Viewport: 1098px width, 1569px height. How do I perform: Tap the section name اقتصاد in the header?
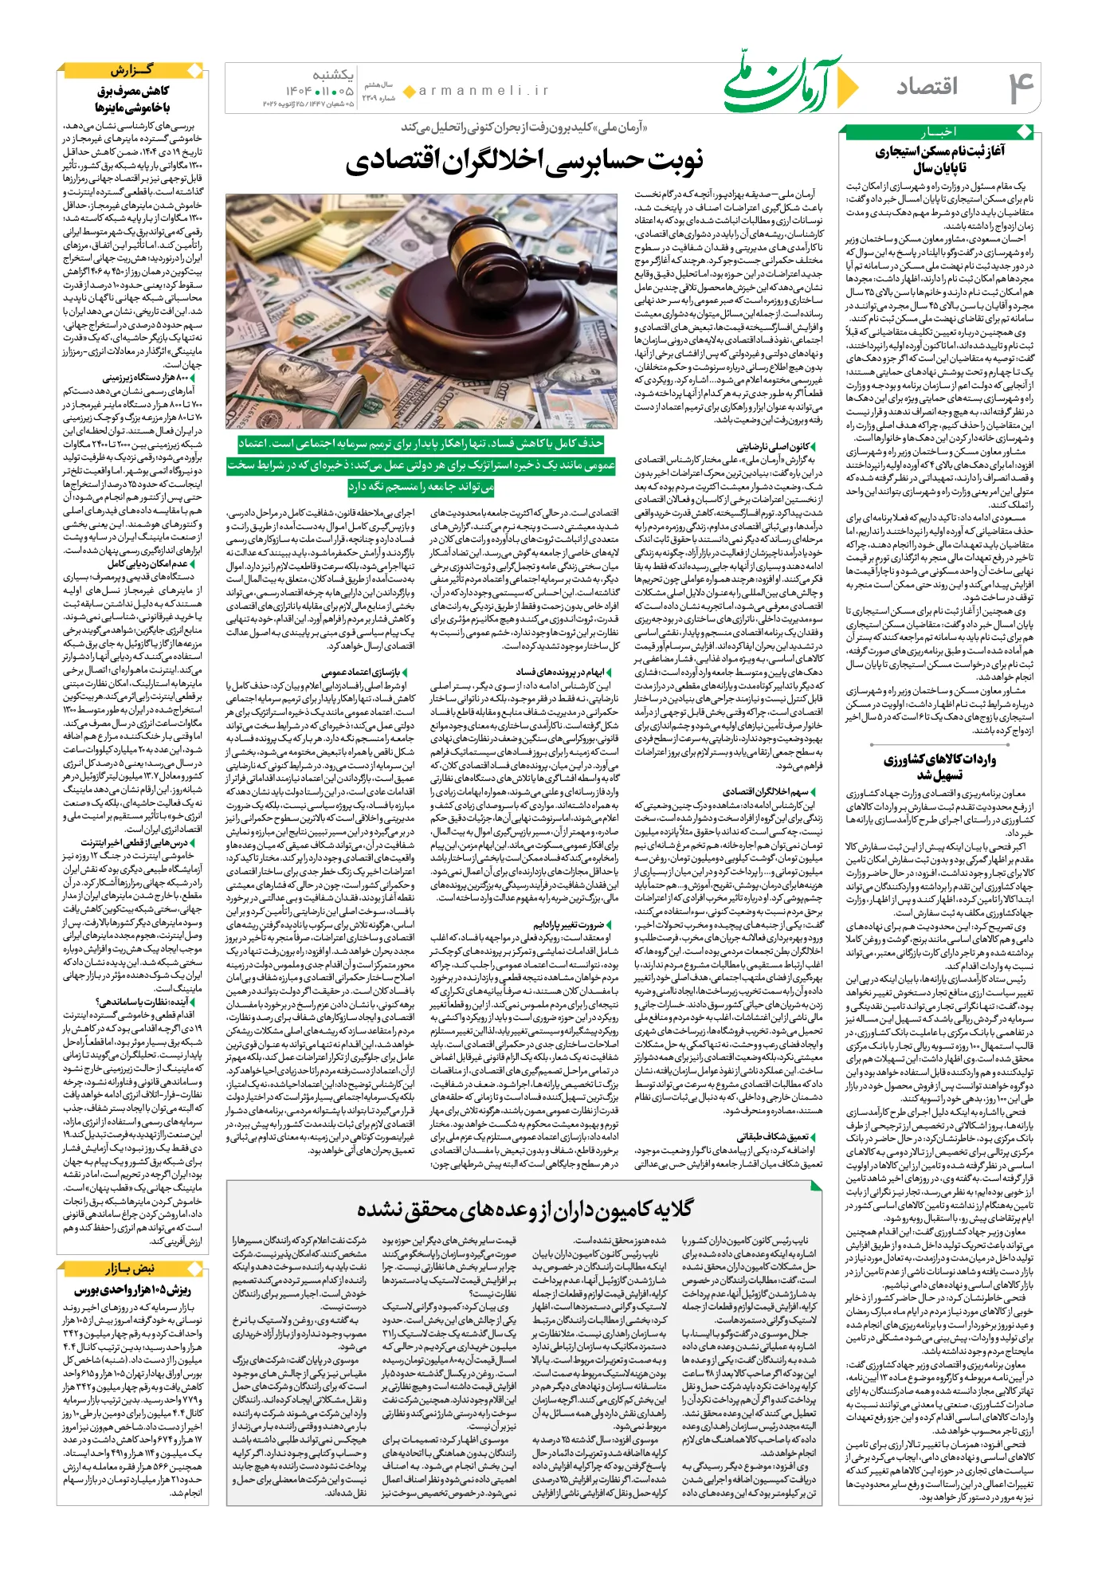[x=927, y=86]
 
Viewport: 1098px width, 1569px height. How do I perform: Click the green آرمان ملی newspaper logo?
[x=785, y=83]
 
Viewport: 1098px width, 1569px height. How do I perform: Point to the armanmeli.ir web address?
[x=484, y=91]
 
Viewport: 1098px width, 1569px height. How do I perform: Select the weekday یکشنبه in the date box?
[x=333, y=75]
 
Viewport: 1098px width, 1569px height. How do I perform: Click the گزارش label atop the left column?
[x=132, y=70]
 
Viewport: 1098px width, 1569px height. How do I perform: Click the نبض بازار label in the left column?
[x=131, y=1268]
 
